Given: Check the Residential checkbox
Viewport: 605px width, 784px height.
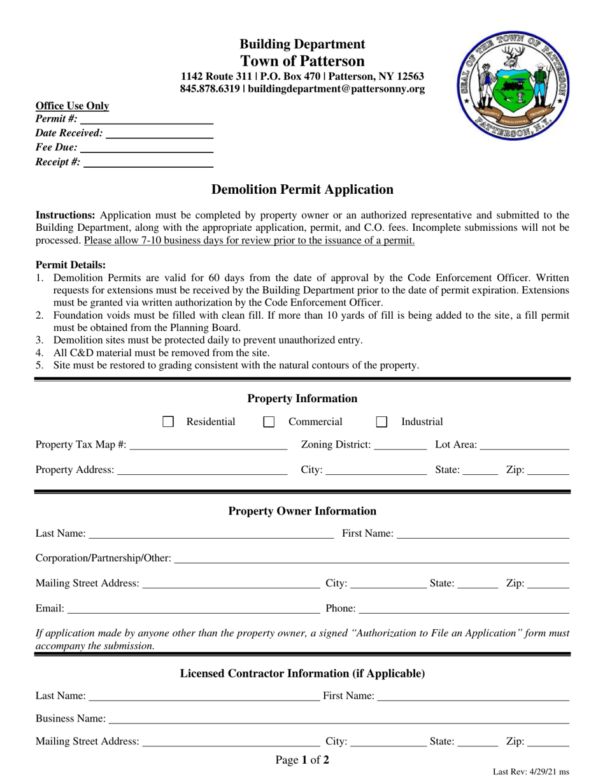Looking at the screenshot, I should point(168,422).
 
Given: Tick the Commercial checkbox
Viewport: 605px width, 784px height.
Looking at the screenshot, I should point(269,422).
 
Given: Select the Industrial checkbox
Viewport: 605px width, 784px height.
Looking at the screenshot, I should point(381,422).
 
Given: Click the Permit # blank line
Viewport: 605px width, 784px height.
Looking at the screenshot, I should point(146,120).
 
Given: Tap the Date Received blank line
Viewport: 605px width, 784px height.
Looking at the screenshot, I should point(159,134).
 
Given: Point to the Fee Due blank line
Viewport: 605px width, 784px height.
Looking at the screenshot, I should point(147,148).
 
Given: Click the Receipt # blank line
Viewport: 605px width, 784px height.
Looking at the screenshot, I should point(148,163).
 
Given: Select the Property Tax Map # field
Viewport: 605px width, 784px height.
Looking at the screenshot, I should point(208,445).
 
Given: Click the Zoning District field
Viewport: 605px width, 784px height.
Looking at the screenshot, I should point(400,445).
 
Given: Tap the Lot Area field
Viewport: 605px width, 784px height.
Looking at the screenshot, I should point(524,445).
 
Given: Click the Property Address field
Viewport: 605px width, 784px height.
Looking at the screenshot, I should point(202,470).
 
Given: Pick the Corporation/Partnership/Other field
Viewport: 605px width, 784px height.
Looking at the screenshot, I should point(371,559).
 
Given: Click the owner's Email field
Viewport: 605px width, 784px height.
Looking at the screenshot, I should point(194,609).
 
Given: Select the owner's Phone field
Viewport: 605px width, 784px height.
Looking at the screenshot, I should point(464,609).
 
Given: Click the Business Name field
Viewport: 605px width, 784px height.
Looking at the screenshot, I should point(339,720).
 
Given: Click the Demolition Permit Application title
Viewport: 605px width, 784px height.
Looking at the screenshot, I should point(302,189).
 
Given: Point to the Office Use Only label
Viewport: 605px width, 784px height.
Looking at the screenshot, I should point(72,106).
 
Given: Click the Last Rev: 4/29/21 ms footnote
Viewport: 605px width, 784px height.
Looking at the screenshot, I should point(531,772).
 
